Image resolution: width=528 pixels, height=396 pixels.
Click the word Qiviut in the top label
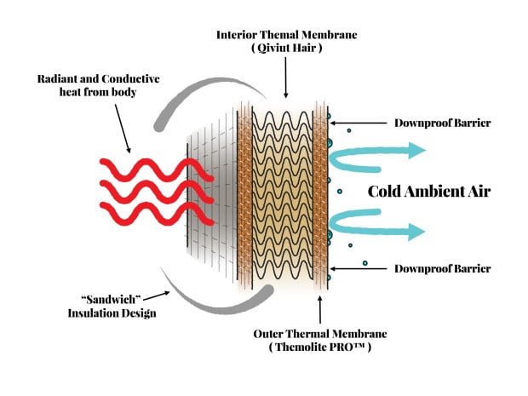click(273, 49)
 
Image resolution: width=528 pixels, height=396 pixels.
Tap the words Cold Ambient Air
click(429, 192)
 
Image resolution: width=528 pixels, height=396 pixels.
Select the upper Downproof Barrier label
click(443, 123)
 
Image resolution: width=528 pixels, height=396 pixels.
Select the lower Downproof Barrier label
click(443, 269)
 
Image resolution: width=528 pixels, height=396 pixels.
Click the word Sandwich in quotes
click(111, 299)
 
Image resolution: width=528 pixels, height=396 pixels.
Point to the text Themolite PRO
click(320, 347)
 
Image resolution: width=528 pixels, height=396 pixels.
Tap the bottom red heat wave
click(157, 214)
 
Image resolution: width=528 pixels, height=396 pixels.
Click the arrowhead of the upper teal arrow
click(417, 150)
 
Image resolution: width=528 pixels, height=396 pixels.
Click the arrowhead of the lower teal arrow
click(416, 232)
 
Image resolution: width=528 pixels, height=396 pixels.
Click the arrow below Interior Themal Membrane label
click(286, 77)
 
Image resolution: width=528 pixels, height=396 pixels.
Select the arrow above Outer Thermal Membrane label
click(320, 309)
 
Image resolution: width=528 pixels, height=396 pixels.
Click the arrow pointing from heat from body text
click(123, 129)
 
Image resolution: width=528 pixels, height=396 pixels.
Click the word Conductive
click(130, 79)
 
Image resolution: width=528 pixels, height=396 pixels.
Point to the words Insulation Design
click(112, 313)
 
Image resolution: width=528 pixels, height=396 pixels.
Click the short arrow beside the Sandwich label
click(156, 296)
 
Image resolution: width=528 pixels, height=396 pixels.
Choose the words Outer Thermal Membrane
click(320, 334)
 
